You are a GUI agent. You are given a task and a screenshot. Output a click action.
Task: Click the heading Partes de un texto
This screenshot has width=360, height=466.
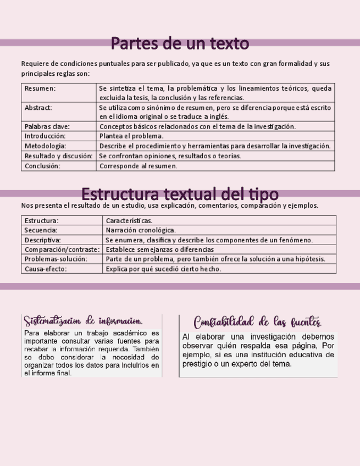point(180,43)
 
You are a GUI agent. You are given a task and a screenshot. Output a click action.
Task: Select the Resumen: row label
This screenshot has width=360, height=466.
point(40,88)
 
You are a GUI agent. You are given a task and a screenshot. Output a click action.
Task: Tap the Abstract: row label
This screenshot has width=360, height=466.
point(38,108)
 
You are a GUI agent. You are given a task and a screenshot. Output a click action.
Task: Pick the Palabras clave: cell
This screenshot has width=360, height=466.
point(47,126)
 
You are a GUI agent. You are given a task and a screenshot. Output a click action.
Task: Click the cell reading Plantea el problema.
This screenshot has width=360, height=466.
point(131,136)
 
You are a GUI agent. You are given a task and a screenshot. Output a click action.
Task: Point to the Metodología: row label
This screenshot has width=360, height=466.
point(46,146)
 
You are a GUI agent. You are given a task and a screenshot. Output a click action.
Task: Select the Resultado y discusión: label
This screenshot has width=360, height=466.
point(58,156)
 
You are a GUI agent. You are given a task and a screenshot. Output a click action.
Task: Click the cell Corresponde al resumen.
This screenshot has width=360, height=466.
point(138,165)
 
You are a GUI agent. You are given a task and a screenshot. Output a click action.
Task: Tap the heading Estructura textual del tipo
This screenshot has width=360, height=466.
point(180,194)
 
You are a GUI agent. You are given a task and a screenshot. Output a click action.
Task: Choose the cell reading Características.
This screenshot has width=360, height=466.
point(129,220)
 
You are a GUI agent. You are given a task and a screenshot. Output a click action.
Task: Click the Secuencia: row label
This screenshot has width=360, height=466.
point(41,230)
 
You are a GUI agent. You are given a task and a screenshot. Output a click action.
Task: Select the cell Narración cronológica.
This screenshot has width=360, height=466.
point(141,230)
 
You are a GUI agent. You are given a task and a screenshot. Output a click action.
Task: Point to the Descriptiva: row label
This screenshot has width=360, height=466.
point(43,240)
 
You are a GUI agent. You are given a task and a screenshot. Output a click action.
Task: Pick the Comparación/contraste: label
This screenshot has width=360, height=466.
point(62,249)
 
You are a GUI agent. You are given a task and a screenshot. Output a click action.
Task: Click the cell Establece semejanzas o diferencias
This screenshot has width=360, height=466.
point(159,249)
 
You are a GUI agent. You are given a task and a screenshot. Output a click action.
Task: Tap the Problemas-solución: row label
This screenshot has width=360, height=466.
point(56,259)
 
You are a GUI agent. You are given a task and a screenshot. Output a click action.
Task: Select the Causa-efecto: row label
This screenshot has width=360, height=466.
point(46,269)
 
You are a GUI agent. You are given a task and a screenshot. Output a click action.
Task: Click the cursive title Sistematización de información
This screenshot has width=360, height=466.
point(84,321)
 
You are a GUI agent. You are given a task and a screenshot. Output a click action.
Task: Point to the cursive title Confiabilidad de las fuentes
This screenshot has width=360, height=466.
point(258,322)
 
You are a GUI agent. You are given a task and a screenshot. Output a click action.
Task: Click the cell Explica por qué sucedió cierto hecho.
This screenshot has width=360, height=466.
point(163,269)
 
